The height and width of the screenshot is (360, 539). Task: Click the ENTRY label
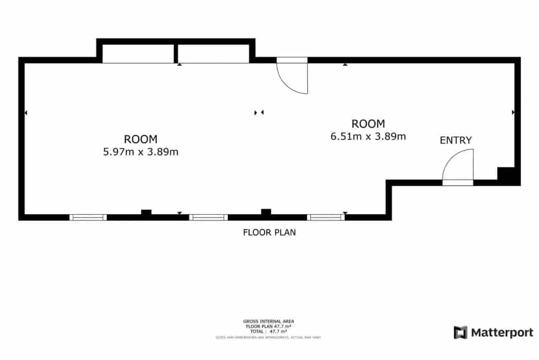(x=455, y=140)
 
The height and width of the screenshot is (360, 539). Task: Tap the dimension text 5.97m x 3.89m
(x=140, y=152)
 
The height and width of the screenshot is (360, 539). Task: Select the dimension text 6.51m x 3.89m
(x=368, y=137)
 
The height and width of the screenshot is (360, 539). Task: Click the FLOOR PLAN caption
(x=269, y=233)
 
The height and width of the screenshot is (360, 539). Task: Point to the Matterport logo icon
(x=460, y=332)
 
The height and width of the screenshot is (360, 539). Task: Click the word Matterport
(x=502, y=333)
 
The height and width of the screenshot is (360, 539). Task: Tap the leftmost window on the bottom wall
(x=88, y=217)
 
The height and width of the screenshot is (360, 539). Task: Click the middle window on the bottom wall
(x=208, y=217)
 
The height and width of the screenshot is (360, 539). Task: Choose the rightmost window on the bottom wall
(x=326, y=217)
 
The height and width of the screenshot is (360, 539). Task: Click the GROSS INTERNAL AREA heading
(x=269, y=321)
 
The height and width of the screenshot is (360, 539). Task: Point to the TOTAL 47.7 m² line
(x=269, y=331)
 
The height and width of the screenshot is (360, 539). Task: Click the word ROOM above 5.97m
(x=140, y=139)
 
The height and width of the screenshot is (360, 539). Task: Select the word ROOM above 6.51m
(x=368, y=124)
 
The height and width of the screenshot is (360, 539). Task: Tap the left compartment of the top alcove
(x=138, y=53)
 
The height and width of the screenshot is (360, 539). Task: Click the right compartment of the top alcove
(x=214, y=53)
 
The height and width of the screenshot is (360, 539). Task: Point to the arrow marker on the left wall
(x=26, y=112)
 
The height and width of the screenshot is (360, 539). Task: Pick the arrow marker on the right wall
(x=513, y=112)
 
